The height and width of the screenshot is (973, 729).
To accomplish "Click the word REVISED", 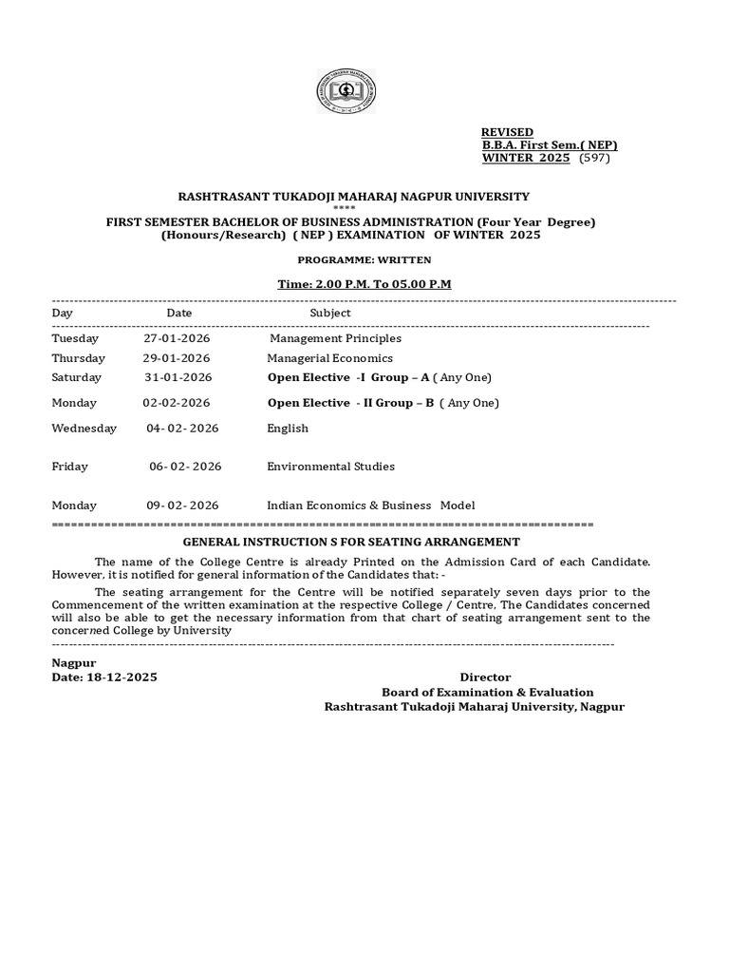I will tap(507, 132).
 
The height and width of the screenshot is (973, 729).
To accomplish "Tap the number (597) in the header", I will tap(594, 158).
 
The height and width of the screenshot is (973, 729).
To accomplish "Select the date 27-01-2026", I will tap(177, 338).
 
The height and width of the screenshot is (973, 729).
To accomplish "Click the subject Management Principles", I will tap(335, 338).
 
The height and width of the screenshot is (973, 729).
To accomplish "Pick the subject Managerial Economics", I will tap(329, 358).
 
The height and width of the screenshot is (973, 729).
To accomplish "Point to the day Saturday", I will tap(76, 377).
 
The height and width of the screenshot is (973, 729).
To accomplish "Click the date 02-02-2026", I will tap(177, 403).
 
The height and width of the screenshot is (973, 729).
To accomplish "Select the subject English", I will tap(288, 429).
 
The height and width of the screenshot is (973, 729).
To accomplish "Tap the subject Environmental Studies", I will tap(330, 467).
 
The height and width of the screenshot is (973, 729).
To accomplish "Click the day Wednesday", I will tap(84, 429).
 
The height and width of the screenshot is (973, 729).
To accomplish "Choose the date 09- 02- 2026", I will tap(183, 506).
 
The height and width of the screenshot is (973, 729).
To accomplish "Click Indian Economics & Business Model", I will tap(370, 506).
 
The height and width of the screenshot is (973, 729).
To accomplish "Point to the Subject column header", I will tap(329, 313).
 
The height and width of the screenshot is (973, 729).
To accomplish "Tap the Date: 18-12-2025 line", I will tap(104, 677).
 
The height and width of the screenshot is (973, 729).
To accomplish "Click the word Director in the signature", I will tap(485, 677).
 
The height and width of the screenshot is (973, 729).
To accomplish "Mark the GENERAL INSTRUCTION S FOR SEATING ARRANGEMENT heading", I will tap(364, 541).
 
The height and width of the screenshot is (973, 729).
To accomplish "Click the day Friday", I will tap(70, 467).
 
